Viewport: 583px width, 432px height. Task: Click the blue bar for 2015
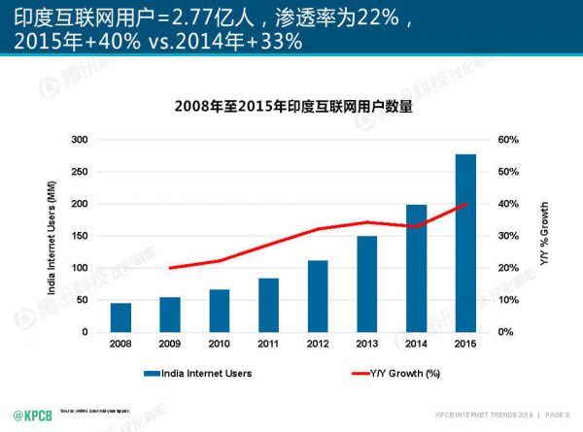coord(465,244)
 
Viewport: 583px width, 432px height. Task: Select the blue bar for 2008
coord(120,317)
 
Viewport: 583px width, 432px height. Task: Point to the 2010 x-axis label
coord(220,344)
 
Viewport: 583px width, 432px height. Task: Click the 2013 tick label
coord(367,344)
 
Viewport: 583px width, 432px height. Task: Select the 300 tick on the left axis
coord(80,140)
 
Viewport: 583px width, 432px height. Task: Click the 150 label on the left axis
coord(80,236)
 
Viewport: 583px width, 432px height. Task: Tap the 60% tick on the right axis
coord(510,140)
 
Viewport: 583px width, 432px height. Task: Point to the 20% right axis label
coord(510,268)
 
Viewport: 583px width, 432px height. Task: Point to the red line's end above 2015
coord(465,204)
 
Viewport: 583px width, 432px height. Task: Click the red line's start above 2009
coord(170,268)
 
